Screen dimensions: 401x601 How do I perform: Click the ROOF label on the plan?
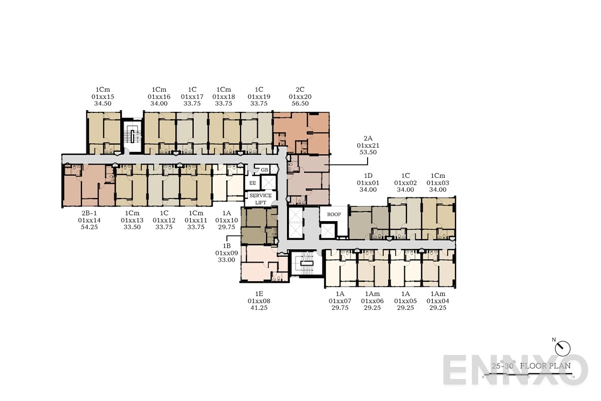[334, 215]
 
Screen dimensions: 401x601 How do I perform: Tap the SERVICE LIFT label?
[260, 199]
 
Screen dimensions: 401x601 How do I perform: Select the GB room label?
[264, 170]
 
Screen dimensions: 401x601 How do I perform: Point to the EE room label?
[253, 183]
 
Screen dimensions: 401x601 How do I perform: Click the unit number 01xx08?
[259, 301]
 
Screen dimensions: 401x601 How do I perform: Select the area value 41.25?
[259, 308]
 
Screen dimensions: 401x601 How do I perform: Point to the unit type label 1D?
[368, 176]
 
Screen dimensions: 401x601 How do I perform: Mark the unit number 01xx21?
[368, 145]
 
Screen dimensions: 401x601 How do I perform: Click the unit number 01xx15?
[103, 96]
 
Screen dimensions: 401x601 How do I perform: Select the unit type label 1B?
[226, 246]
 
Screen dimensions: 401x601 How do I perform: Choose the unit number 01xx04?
[438, 301]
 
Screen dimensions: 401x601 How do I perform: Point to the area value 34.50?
[103, 104]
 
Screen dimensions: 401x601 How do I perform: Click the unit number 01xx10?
[226, 220]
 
